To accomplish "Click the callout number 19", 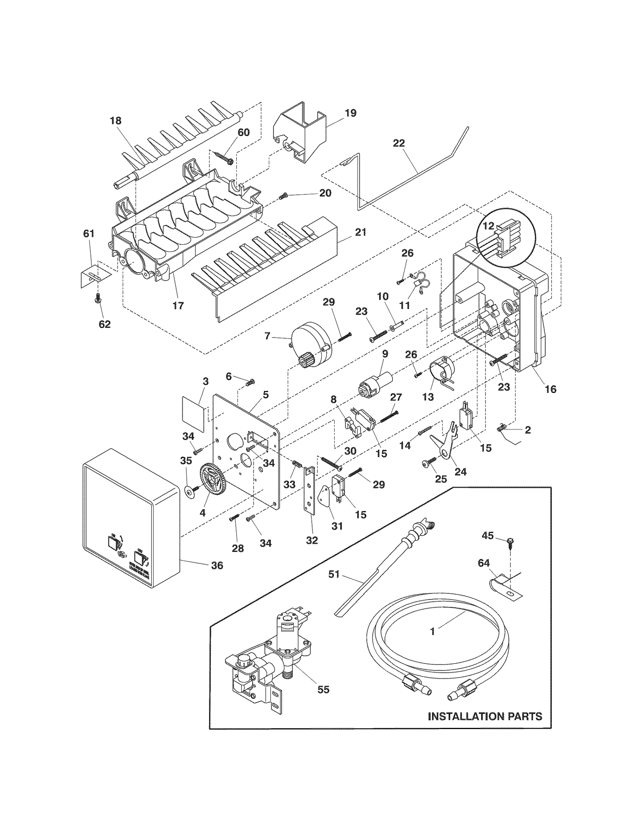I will (x=350, y=113).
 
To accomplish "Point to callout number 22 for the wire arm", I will (x=398, y=143).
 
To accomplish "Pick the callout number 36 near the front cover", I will (x=217, y=565).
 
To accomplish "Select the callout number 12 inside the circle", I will (x=488, y=226).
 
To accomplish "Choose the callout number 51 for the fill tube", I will (x=334, y=574).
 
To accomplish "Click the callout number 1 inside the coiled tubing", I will (x=432, y=631).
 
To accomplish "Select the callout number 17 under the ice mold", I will (x=178, y=306).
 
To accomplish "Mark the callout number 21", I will (x=360, y=232).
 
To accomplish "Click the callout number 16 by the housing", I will (x=551, y=389).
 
